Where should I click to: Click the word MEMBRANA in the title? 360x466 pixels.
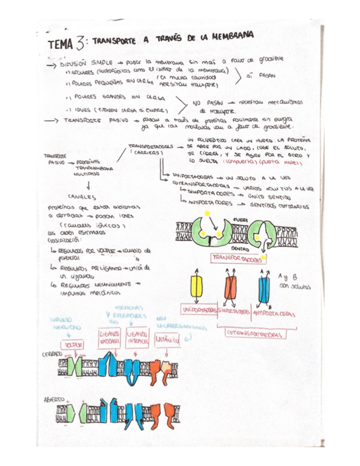[231, 36]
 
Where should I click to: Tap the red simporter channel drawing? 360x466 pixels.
[230, 287]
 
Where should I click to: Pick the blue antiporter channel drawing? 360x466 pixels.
[264, 287]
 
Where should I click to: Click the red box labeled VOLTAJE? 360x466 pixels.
[74, 344]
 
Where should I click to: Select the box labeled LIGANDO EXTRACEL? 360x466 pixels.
[110, 337]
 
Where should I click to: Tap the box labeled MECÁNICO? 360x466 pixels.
[168, 340]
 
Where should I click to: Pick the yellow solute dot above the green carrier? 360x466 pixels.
[207, 213]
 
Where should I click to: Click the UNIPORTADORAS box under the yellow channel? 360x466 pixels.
[200, 310]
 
